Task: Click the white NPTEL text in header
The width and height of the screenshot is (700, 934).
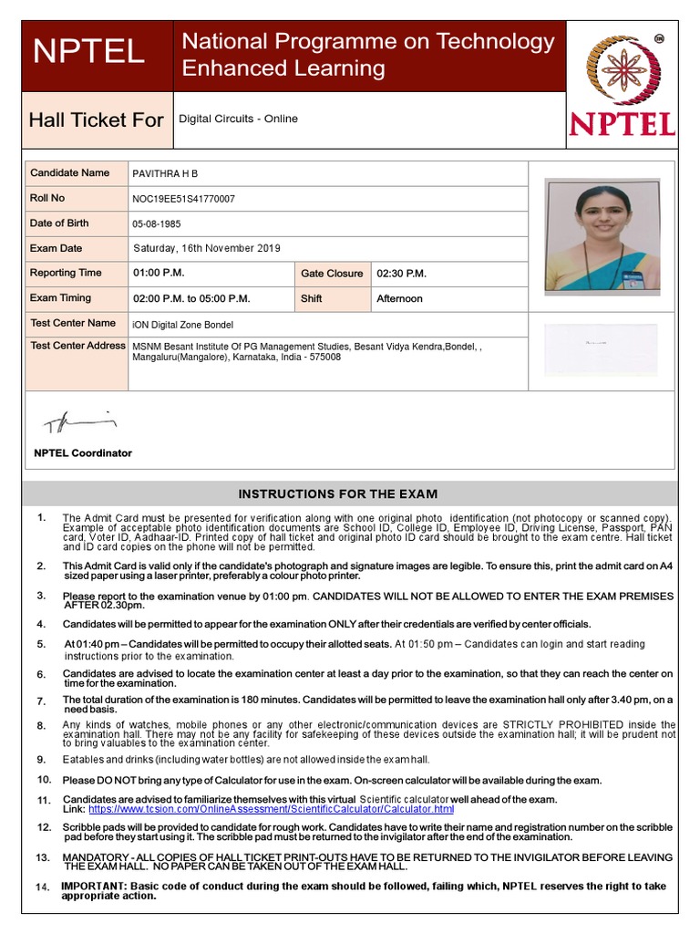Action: tap(88, 51)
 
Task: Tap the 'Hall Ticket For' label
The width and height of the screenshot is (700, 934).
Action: tap(96, 120)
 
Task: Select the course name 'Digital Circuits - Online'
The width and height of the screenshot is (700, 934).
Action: tap(238, 119)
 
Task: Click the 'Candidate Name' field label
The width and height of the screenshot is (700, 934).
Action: tap(69, 172)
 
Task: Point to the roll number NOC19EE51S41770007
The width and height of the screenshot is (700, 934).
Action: tap(183, 199)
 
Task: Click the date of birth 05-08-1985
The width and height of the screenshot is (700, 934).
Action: tap(158, 223)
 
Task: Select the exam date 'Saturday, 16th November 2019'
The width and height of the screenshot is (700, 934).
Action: tap(207, 248)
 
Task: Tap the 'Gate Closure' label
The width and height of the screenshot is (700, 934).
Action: tap(332, 274)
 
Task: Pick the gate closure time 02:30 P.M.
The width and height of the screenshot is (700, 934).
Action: tap(401, 274)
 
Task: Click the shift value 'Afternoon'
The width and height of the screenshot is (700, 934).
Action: tap(399, 298)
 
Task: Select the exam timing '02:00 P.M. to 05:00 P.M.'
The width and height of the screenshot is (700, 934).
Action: tap(191, 298)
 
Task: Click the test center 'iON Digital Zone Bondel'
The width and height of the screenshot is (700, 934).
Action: tap(183, 325)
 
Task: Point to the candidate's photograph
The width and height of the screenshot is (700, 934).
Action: tap(602, 234)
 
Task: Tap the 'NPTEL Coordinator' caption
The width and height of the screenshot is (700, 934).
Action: tap(83, 453)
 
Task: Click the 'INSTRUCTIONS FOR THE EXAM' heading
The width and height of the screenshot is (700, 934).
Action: tap(338, 494)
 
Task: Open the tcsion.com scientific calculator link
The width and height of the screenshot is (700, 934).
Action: tap(271, 809)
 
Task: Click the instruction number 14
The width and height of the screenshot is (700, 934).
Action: tap(43, 887)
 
